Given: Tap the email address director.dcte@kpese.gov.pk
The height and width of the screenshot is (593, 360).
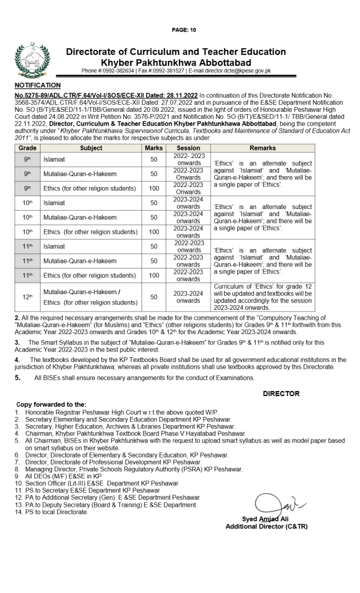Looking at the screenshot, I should (x=231, y=71).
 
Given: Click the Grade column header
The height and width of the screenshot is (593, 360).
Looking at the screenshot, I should (x=27, y=148).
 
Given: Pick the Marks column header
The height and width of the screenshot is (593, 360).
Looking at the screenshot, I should (x=153, y=148).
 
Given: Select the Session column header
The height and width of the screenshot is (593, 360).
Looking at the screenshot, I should (x=188, y=148).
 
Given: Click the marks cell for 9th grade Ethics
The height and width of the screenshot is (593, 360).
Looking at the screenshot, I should (x=153, y=188).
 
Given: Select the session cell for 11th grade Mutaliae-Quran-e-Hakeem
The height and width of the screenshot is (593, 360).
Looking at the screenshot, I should (x=188, y=261).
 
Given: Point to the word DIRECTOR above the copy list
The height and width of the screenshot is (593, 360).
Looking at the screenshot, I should (x=281, y=393).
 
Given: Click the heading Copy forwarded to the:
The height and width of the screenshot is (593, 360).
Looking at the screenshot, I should (x=52, y=404).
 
